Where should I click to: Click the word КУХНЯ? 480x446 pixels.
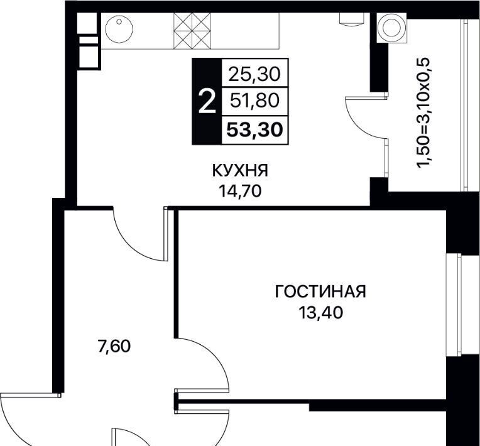[240, 170]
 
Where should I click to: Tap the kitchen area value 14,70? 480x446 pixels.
[240, 192]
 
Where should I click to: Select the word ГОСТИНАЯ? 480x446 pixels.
[320, 291]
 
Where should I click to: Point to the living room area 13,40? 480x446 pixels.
[320, 313]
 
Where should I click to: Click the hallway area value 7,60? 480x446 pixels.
[114, 346]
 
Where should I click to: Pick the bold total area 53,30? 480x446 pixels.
[254, 130]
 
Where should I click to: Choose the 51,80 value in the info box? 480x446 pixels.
[254, 101]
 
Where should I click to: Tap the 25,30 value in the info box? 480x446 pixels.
[254, 74]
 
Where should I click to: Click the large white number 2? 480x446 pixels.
[207, 101]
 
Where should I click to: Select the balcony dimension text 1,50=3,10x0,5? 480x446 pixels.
[424, 112]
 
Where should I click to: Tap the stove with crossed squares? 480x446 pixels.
[192, 31]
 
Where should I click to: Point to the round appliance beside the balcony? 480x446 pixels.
[392, 28]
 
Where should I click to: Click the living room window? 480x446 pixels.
[454, 305]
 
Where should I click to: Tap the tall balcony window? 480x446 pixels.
[465, 106]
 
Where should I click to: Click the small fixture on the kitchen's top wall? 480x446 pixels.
[352, 18]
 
